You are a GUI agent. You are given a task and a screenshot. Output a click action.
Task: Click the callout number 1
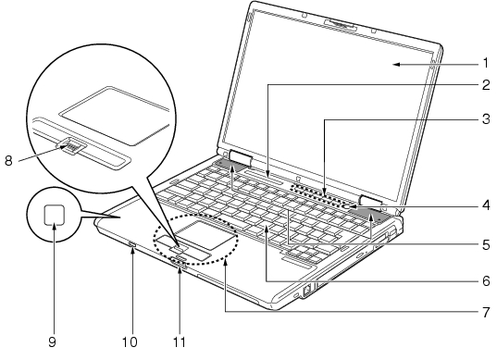tap(486, 63)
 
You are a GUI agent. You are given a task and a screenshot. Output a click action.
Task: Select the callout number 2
tap(486, 85)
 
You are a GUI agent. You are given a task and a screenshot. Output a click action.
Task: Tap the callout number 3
tap(486, 119)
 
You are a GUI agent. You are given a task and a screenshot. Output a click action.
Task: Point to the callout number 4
tap(486, 205)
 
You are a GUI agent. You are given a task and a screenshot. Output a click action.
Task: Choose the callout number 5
tap(486, 245)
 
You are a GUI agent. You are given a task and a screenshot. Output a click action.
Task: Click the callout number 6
tap(486, 280)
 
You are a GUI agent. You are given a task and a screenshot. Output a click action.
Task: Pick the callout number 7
tap(486, 312)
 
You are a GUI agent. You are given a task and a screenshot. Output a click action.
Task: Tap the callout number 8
tap(8, 161)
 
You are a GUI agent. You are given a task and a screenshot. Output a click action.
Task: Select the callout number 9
tap(53, 341)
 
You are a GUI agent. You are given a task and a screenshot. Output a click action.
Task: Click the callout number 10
tap(130, 341)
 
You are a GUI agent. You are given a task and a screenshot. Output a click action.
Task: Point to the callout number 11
tap(179, 341)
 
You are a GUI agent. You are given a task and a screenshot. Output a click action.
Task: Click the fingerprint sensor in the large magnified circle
tap(72, 146)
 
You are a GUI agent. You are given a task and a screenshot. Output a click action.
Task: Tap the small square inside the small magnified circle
tap(55, 215)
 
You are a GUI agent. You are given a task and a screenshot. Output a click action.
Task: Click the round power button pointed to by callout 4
tap(347, 207)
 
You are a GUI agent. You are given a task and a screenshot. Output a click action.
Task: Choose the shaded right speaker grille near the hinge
tap(372, 215)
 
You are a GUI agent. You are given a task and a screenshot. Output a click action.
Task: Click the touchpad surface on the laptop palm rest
tap(205, 234)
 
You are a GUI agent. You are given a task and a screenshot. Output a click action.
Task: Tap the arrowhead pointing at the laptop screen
tap(397, 65)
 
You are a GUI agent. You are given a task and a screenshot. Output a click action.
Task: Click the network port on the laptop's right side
tap(307, 291)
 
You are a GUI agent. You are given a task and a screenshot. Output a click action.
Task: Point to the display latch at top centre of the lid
tap(341, 25)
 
